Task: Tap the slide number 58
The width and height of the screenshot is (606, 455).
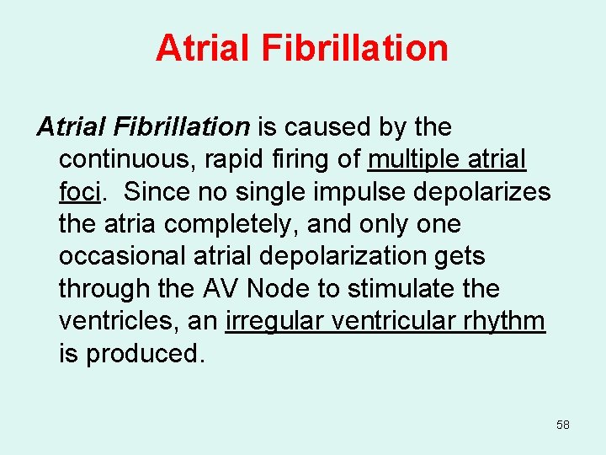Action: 563,425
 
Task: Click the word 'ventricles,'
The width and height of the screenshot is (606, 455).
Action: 119,321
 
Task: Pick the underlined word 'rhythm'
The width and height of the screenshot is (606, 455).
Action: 504,321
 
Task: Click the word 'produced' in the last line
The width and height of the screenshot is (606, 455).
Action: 142,353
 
